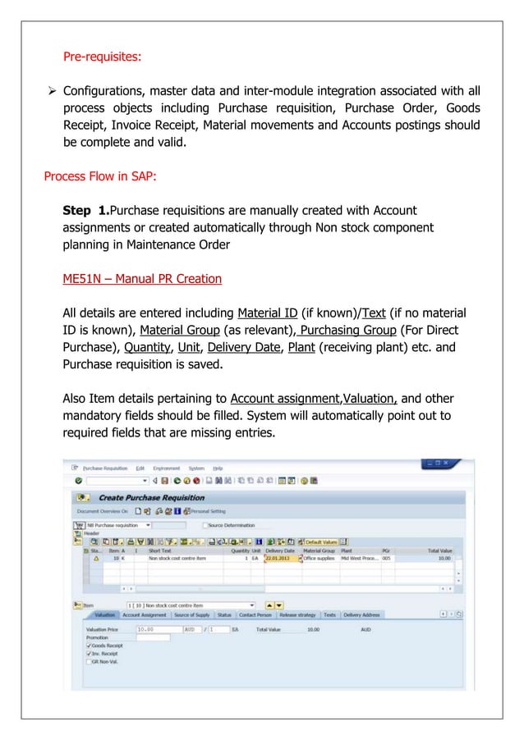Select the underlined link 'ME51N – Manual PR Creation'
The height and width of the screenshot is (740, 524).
click(142, 278)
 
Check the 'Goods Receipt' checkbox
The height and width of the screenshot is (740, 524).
click(89, 646)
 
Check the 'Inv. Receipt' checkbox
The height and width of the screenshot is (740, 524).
click(89, 654)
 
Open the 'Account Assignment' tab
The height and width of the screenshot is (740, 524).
click(145, 614)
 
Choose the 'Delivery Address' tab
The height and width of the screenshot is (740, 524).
click(362, 614)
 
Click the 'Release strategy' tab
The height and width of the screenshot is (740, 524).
click(297, 614)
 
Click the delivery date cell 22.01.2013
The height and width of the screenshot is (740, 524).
click(278, 556)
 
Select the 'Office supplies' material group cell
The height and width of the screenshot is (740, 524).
click(319, 556)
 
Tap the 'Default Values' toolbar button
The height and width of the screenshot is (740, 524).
click(321, 541)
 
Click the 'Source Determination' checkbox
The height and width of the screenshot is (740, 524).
click(205, 524)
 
